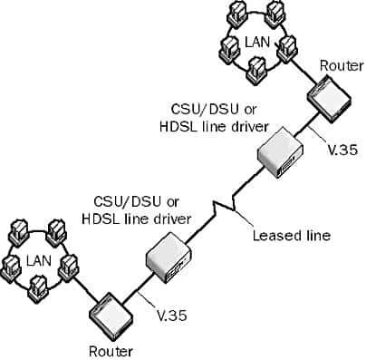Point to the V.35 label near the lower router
pyautogui.click(x=171, y=316)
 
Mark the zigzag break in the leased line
pyautogui.click(x=223, y=208)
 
